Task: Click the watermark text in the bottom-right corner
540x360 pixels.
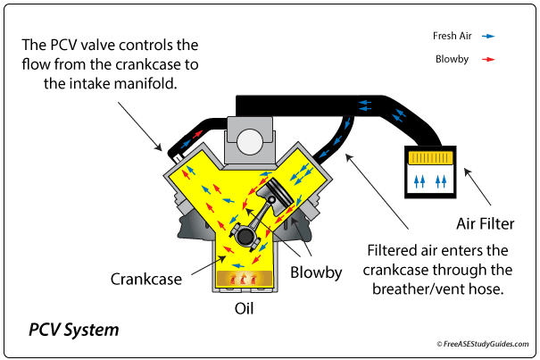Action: (x=485, y=343)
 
